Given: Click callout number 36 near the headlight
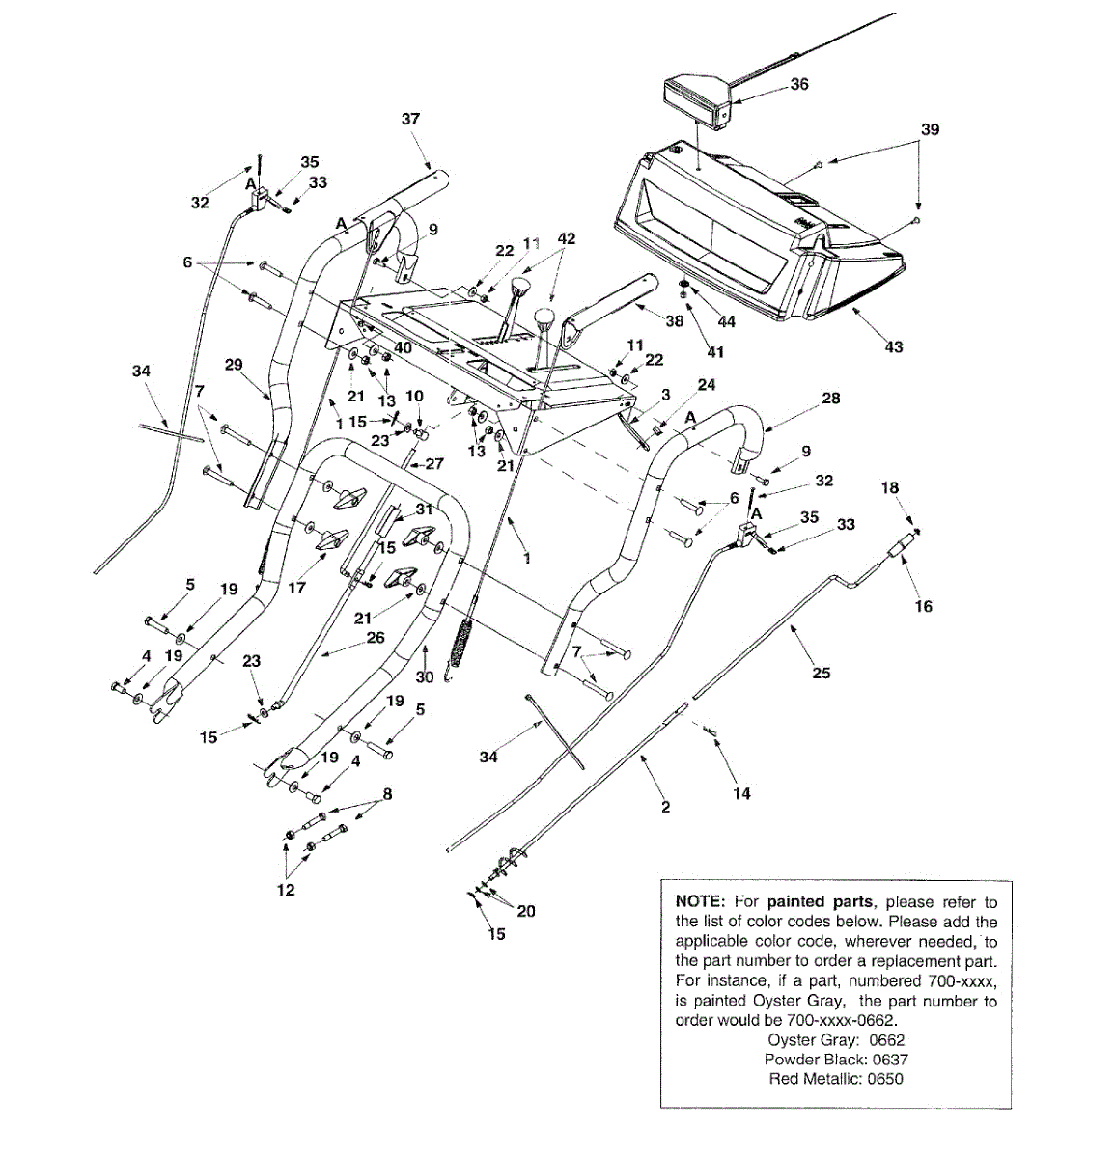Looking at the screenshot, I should tap(799, 84).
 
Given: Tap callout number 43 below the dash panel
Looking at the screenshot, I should tap(894, 346).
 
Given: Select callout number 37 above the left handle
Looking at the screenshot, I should tap(411, 119).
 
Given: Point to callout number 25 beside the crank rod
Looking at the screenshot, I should tap(821, 673).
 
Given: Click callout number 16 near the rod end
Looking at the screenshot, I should tap(924, 606).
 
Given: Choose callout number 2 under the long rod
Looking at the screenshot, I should tap(665, 807).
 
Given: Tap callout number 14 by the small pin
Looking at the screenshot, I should tap(741, 793).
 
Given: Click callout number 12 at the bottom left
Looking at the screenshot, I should tap(286, 890).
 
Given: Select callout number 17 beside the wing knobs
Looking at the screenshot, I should tap(295, 587).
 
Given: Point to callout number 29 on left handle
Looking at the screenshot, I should tap(234, 366).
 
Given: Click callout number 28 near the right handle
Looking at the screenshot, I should tap(830, 398).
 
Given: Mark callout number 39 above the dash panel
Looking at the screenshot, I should tap(930, 129).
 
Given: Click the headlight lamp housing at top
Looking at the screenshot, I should tap(695, 100).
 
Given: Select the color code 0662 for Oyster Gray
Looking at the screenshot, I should tap(886, 1040).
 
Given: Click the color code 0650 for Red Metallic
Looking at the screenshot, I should tap(885, 1079).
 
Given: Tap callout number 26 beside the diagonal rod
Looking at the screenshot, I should tap(376, 638).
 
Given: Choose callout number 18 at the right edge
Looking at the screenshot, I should tap(890, 488).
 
